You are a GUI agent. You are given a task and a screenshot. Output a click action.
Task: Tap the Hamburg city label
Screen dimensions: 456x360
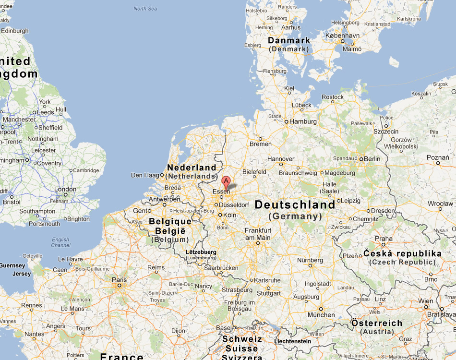[x=303, y=122]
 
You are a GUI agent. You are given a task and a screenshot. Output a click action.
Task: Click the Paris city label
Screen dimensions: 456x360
[x=119, y=280]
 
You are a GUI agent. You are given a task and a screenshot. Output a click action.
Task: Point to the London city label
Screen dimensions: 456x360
[x=65, y=189]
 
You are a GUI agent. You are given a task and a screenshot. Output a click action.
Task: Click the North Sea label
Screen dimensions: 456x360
[x=145, y=9]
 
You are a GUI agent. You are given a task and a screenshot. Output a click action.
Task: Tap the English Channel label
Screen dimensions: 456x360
[x=60, y=242]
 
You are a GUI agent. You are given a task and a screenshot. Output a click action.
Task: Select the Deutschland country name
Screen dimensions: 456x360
[x=295, y=205]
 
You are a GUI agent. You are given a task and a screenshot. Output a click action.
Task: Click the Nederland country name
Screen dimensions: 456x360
[x=191, y=168]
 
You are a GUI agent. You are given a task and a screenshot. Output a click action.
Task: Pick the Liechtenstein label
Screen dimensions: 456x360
[x=293, y=341]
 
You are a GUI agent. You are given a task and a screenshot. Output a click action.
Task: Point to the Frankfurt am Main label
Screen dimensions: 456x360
[x=258, y=234]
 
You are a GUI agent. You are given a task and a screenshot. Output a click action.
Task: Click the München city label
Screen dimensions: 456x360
[x=321, y=315]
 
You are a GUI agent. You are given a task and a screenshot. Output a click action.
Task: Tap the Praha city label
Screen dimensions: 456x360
[x=384, y=239]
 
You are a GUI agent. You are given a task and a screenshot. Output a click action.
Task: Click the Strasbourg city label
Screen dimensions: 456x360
[x=237, y=290]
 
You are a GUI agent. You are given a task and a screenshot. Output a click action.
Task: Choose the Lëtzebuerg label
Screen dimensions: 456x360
[x=201, y=252]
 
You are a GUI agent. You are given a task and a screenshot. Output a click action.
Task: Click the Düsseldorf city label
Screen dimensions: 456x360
[x=234, y=205]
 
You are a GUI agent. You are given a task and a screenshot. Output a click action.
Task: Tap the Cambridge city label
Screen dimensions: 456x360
[x=86, y=170]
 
